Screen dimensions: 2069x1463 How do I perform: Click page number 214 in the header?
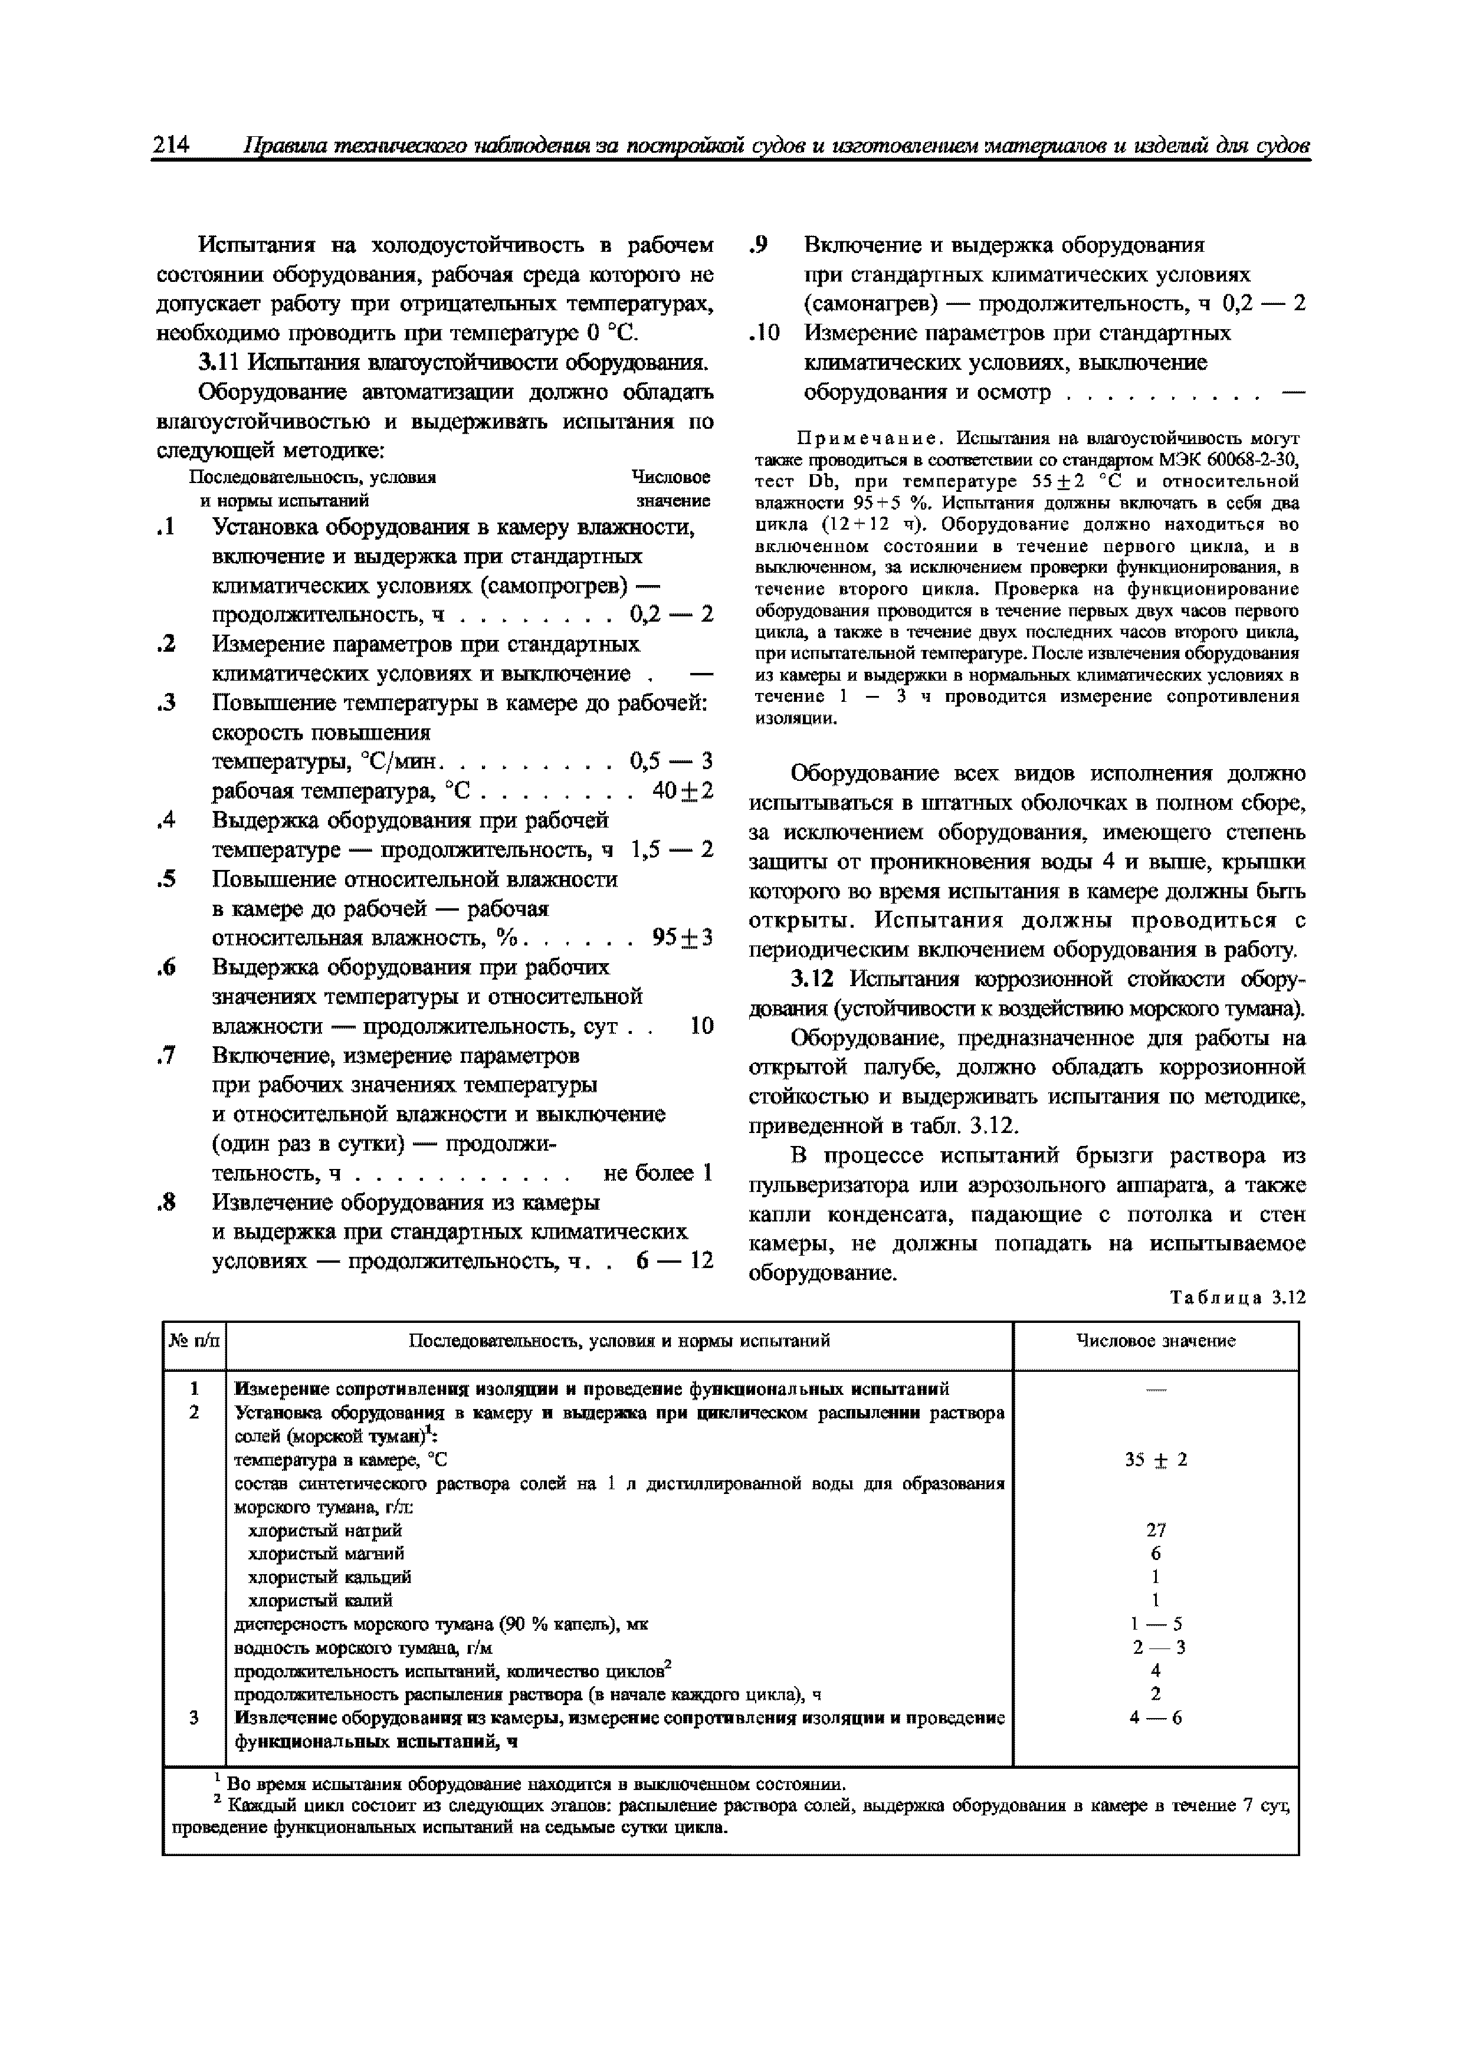tap(171, 145)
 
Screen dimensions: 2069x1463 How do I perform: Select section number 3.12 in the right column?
tap(816, 980)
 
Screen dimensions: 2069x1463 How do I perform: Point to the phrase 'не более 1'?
tap(657, 1173)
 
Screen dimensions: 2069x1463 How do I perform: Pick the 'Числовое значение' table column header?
tap(1156, 1341)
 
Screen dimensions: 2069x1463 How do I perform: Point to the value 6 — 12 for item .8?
tap(674, 1260)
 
